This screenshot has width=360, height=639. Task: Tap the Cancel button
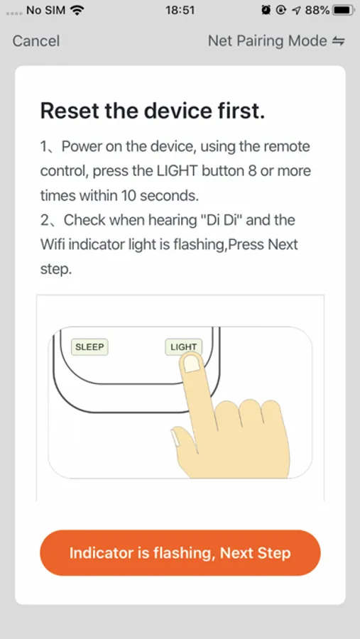point(36,40)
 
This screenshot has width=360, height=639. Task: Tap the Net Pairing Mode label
point(268,40)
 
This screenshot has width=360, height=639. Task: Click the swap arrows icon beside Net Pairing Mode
point(339,41)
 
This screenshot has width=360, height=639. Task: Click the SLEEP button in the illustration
point(89,347)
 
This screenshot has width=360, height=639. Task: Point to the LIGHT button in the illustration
point(183,346)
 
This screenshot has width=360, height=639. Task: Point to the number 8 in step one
point(252,171)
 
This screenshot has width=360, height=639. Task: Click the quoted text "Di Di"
point(221,220)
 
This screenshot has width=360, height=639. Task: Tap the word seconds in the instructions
point(170,196)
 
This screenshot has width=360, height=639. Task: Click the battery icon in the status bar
point(343,10)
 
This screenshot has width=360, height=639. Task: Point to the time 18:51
point(180,10)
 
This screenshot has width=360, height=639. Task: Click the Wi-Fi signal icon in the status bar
point(75,10)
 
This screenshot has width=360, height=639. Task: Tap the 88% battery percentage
point(317,10)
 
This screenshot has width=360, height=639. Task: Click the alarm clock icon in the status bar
point(266,10)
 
